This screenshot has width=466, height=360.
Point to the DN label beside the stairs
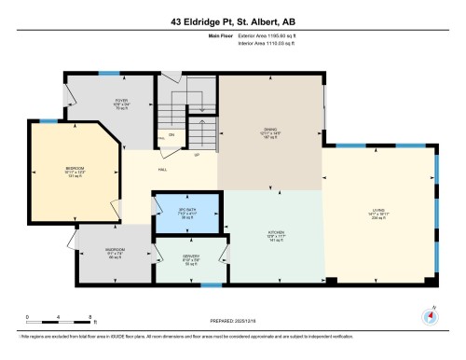pyautogui.click(x=171, y=133)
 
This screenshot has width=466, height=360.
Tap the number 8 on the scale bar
pyautogui.click(x=88, y=318)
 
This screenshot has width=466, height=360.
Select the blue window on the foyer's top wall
pyautogui.click(x=109, y=72)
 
